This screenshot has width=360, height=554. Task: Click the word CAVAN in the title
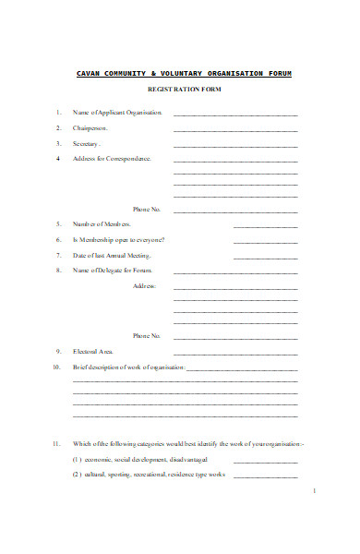[89, 72]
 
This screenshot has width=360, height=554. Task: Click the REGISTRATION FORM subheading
[185, 90]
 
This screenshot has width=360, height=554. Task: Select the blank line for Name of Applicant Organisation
[235, 114]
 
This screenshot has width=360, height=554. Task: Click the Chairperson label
[90, 128]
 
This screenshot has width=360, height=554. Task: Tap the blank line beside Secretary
[235, 146]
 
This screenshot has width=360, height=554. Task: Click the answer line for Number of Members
[265, 226]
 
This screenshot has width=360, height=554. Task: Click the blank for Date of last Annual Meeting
[265, 258]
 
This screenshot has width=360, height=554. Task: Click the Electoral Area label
[93, 352]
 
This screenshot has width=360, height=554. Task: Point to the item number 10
[56, 367]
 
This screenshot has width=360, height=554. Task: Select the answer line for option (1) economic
[265, 462]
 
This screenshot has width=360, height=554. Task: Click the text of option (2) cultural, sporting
[148, 475]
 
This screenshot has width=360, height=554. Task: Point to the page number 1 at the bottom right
[315, 491]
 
